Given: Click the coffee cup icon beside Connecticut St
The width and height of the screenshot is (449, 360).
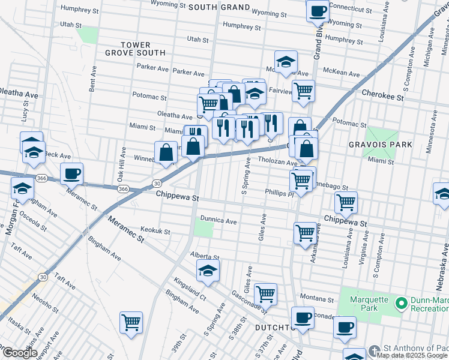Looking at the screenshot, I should [318, 10].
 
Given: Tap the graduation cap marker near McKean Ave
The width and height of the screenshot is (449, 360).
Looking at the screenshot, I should [286, 62].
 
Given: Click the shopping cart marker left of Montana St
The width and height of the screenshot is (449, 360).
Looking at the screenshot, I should [265, 294].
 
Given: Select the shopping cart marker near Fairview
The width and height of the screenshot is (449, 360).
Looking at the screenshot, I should [304, 91].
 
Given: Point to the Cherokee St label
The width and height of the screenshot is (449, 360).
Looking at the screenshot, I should [381, 93].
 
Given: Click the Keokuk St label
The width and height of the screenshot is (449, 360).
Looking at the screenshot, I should [155, 231].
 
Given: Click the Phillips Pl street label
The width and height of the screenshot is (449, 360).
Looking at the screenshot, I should [279, 193].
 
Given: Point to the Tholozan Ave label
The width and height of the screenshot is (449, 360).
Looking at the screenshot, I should [278, 162].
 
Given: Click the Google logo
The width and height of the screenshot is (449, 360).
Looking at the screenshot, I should [19, 352].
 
